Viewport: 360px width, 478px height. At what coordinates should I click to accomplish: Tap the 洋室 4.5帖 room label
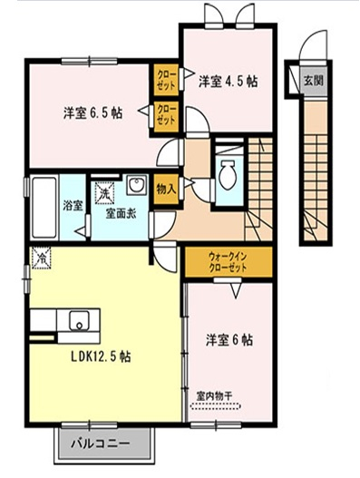coord(227,81)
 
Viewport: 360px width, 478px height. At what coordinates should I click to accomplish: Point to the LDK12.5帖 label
coord(100,356)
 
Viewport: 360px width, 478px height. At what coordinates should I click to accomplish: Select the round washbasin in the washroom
coord(138,187)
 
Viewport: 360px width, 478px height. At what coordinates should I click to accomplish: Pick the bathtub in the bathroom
coord(44,208)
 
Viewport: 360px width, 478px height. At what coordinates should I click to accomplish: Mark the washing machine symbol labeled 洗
coord(104,193)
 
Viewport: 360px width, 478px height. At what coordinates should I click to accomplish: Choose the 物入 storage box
coord(166,189)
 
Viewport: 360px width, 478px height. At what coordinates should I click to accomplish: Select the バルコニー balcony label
coord(100,444)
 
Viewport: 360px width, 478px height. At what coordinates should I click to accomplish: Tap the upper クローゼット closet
coord(166,77)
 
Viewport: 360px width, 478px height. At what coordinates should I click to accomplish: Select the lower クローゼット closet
coord(166,113)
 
